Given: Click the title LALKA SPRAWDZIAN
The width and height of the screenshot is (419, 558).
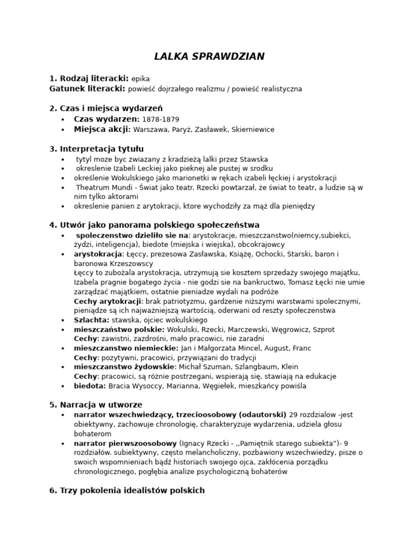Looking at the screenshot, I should (x=209, y=56).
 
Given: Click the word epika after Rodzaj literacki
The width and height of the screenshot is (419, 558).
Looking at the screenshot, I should (x=140, y=78).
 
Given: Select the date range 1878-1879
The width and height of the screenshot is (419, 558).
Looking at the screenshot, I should (x=160, y=119).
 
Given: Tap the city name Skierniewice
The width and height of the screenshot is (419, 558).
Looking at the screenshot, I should (x=253, y=129).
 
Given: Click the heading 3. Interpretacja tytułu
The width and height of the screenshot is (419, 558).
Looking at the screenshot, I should (x=97, y=149).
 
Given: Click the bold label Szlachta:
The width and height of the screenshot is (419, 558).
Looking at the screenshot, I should (x=92, y=320).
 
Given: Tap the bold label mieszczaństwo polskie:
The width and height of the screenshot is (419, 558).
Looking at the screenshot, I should (x=119, y=330).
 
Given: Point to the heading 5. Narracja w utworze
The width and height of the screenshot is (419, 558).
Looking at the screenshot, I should (x=95, y=405).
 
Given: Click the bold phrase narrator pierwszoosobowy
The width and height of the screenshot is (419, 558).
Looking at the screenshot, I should (x=125, y=443).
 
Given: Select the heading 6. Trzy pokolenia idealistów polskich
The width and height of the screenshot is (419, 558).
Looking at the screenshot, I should (x=127, y=490).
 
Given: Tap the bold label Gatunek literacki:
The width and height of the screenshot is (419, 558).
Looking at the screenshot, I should (x=87, y=88).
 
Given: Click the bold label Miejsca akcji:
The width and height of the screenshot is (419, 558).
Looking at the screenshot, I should (x=102, y=129).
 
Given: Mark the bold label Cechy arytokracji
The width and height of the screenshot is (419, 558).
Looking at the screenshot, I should (x=107, y=301).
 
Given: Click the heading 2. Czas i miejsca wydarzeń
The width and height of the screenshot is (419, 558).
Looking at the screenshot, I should (x=106, y=108).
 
